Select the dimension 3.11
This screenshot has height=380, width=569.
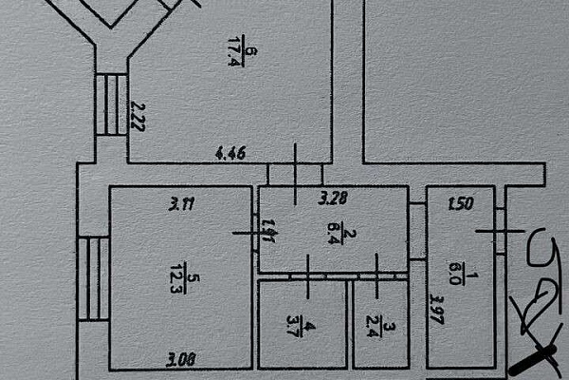(182, 201)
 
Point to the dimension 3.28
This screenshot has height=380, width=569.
(332, 199)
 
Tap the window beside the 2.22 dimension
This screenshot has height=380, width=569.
(112, 104)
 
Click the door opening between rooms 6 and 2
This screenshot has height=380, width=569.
(296, 175)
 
